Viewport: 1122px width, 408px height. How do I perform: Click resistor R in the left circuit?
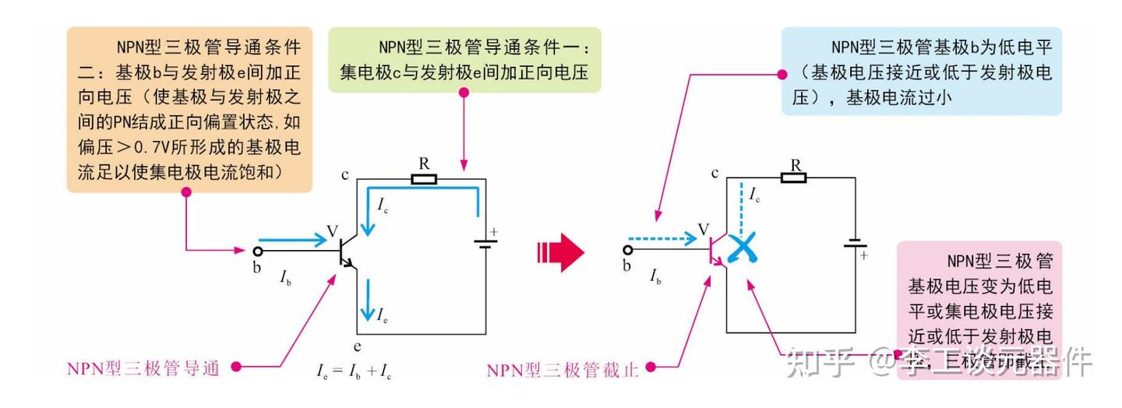[424, 179]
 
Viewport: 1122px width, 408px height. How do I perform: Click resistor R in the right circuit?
[795, 178]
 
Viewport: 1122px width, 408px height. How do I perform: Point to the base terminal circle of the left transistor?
[257, 251]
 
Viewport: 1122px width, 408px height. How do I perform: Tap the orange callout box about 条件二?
[189, 109]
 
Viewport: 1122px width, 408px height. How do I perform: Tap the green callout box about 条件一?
[464, 60]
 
